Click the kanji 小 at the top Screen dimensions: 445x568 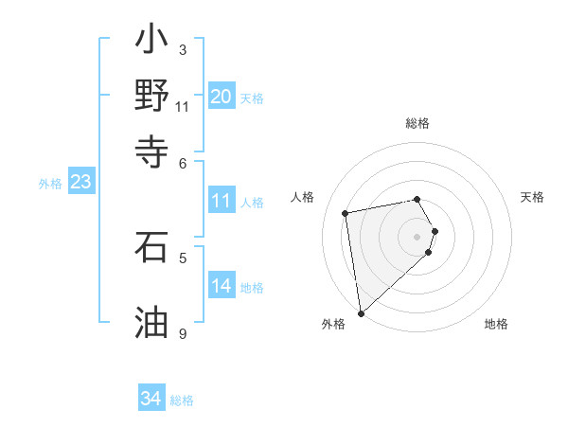coord(151,44)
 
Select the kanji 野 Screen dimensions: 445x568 coord(151,96)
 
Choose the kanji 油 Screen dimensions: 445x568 coord(151,322)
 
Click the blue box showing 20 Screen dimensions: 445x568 coord(222,97)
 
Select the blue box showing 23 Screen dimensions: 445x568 coord(80,182)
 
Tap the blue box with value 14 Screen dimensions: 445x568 coord(222,286)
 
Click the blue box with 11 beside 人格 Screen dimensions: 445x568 coord(222,201)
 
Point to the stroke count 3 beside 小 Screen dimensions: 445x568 coord(183,49)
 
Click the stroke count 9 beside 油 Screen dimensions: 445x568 coord(183,333)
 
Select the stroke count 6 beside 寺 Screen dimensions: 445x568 coord(183,163)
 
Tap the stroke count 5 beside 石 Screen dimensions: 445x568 coord(183,257)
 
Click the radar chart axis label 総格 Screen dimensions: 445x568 coord(417,123)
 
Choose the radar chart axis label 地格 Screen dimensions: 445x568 coord(496,324)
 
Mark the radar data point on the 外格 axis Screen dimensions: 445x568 coord(361,312)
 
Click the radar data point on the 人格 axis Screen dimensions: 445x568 coord(346,212)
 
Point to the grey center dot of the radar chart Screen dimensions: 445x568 coord(417,236)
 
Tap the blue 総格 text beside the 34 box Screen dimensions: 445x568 coord(182,400)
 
